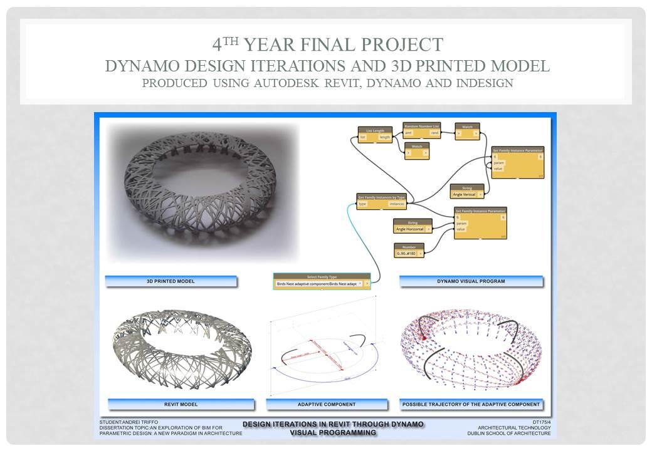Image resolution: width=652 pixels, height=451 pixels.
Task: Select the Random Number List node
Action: [x=421, y=130]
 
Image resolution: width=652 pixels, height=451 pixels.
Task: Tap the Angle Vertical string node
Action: [x=467, y=191]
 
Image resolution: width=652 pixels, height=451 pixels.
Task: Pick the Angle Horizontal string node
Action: [x=413, y=226]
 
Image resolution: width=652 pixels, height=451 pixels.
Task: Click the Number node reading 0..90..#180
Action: [x=409, y=250]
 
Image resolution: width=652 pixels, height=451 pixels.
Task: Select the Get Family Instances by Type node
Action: [x=382, y=200]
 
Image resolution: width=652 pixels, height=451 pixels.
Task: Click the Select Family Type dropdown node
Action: [x=322, y=281]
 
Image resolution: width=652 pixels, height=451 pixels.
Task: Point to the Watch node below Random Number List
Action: [x=416, y=150]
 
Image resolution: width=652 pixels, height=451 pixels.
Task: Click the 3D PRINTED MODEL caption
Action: [x=171, y=281]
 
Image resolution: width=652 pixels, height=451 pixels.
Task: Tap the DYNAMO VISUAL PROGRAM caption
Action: [x=471, y=281]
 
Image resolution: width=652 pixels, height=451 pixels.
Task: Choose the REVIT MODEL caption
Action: [x=180, y=404]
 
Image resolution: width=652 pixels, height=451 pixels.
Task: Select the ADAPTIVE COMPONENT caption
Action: [x=326, y=404]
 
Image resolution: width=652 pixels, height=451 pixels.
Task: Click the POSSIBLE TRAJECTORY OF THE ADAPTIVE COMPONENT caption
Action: [x=471, y=404]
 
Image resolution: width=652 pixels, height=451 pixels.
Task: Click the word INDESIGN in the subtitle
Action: [x=480, y=83]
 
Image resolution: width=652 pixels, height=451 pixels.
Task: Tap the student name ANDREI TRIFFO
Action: [x=134, y=422]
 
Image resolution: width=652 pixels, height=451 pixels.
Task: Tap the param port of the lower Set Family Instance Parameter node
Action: [x=462, y=223]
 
